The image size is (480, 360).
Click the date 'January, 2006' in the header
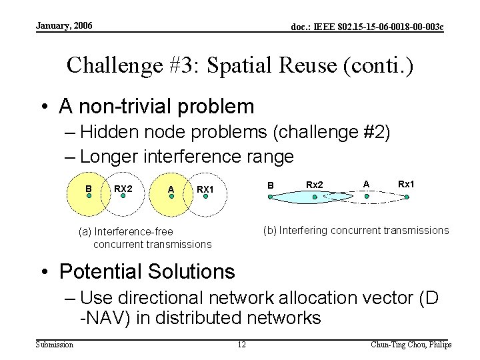coord(65,26)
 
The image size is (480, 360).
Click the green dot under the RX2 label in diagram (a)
coord(121,197)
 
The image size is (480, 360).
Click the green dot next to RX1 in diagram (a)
coord(206,197)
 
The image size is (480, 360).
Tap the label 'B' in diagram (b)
coord(271,185)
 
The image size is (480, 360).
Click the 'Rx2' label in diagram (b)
coord(315,185)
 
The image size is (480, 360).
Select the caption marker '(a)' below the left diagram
coord(85,232)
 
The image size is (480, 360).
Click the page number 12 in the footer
coord(243,345)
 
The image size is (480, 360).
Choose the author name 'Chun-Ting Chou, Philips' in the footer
coord(411,345)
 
